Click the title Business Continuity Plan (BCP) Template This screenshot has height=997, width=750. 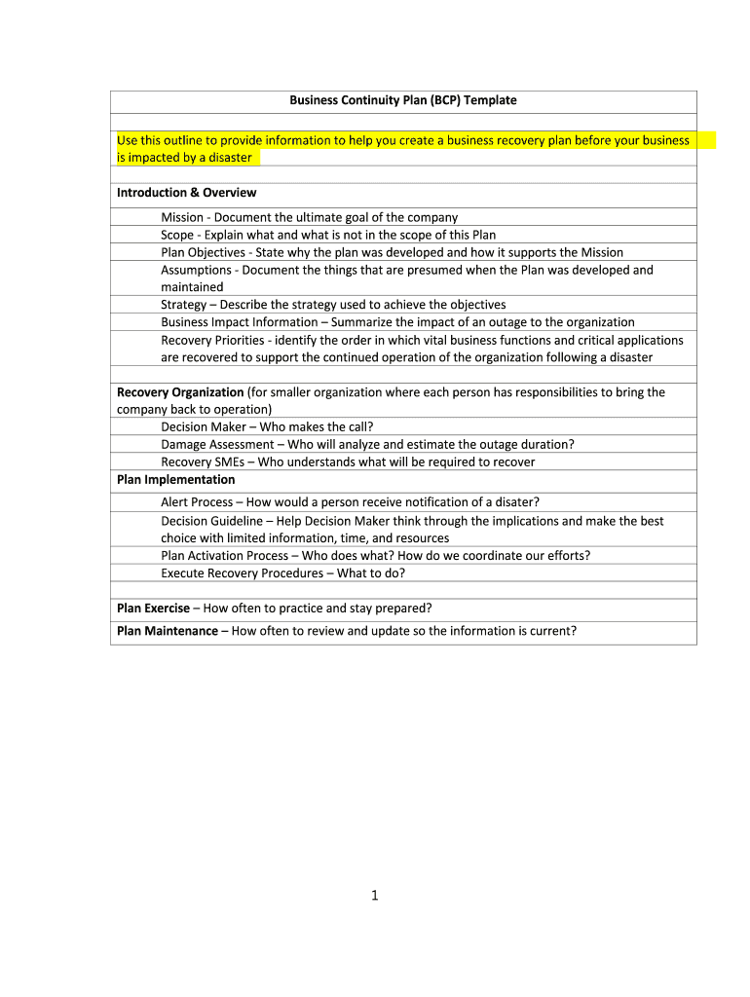coord(402,100)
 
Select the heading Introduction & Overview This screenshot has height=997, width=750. coord(186,193)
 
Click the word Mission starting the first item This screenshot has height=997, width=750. coord(182,217)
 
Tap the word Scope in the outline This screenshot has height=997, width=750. coord(177,235)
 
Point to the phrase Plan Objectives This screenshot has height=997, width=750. coord(203,252)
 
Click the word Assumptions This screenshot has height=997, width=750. coord(196,270)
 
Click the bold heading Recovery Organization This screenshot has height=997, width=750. coord(180,392)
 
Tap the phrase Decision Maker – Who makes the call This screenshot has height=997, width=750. coord(266,426)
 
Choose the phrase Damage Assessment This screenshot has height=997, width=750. coord(217,444)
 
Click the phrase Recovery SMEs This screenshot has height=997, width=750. coord(203,462)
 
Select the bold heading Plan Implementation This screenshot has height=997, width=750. coord(175,479)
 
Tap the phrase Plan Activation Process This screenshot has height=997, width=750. coord(224,556)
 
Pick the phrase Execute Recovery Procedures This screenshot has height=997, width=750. coord(242,573)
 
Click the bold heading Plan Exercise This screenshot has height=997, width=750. coord(153,609)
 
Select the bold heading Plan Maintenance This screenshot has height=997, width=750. coord(167,631)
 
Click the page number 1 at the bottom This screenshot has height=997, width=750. coord(374,896)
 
